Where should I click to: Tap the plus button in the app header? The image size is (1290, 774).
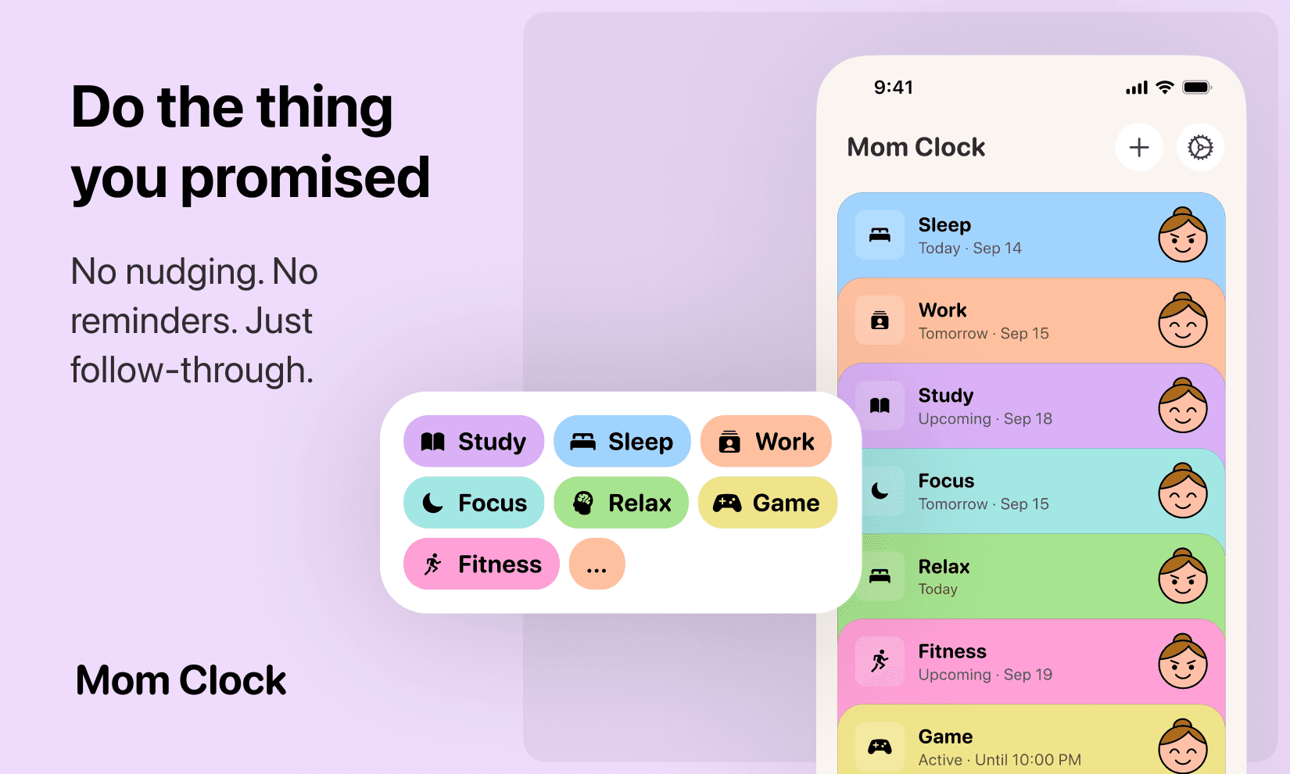click(1139, 147)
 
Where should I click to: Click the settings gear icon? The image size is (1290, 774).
click(1200, 147)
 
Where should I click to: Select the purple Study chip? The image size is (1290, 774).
click(474, 442)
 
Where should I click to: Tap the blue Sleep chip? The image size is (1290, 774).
click(622, 442)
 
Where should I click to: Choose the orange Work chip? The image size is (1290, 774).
click(766, 442)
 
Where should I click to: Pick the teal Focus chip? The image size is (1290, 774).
click(474, 503)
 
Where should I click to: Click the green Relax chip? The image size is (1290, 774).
click(622, 503)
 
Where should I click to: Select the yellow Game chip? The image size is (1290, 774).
click(767, 503)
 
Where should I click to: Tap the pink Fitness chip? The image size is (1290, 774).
click(482, 564)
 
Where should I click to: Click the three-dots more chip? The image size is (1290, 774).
click(597, 564)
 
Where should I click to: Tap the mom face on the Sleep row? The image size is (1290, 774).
click(1182, 235)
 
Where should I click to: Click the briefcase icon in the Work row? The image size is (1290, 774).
click(880, 321)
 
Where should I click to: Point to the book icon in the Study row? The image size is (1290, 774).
click(880, 406)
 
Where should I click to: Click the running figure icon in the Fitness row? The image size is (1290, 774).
click(880, 661)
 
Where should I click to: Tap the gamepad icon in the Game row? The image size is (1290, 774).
click(880, 747)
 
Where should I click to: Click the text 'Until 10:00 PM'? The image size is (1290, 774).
click(1027, 760)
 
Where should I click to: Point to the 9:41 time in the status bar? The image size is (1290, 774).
click(893, 88)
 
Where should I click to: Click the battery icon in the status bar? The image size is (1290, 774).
click(1196, 88)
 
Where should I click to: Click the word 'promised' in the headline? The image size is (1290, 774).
click(305, 177)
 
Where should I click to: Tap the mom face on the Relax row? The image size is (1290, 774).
click(1182, 577)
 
